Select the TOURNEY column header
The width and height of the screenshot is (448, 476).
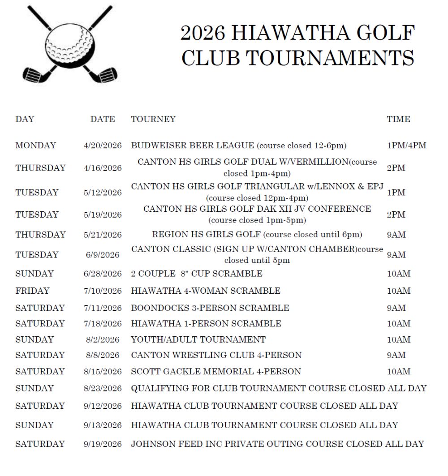(153, 119)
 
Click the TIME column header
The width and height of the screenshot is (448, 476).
(398, 119)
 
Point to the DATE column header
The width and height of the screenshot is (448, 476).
(103, 119)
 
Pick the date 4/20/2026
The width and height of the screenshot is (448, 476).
(103, 146)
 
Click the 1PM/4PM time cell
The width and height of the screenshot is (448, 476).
(406, 146)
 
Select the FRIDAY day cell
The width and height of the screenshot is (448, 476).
(32, 291)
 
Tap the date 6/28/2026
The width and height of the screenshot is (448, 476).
(103, 274)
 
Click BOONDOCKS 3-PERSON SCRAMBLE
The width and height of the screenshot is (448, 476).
(210, 308)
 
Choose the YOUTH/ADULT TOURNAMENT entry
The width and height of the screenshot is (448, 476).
(198, 339)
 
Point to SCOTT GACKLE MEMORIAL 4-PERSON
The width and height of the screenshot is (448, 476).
(216, 371)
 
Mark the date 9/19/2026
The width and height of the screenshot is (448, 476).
(103, 444)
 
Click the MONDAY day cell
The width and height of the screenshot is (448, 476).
(35, 146)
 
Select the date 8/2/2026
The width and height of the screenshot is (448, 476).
(103, 339)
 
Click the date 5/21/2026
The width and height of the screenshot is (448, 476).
(103, 235)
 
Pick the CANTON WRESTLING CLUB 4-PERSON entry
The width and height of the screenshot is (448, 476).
(216, 355)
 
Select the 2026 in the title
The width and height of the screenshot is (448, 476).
(202, 33)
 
